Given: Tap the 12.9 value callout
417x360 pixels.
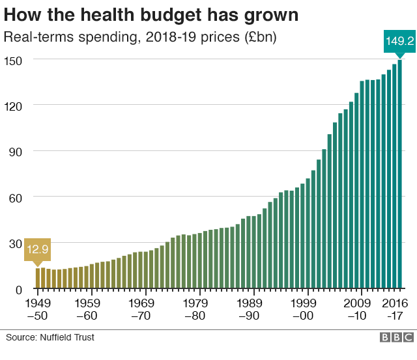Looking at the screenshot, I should [37, 249].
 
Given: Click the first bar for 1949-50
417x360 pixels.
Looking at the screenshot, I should [38, 277].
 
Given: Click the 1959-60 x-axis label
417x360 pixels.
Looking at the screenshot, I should [87, 309].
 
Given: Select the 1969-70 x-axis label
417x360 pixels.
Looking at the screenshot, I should [141, 309].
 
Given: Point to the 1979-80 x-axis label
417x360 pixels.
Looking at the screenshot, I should [195, 309].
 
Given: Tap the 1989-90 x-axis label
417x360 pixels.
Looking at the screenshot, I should [250, 309].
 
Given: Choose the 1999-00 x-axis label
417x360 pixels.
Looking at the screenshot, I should [304, 309].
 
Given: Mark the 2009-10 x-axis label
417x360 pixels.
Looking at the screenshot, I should [357, 309].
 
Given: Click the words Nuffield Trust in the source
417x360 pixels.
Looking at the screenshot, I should [68, 337].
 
